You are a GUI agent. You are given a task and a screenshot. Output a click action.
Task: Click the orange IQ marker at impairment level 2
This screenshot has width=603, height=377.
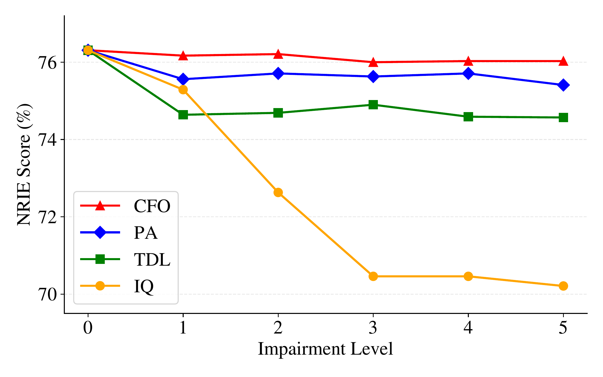point(278,193)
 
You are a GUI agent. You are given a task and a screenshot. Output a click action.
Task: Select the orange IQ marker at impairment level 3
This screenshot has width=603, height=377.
point(373,276)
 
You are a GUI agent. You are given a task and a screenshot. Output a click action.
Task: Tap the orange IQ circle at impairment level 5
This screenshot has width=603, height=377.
point(563,286)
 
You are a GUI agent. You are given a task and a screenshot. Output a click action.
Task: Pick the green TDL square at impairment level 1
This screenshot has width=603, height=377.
point(183,115)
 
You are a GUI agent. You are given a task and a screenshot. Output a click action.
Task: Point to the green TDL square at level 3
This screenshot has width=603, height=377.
point(373,105)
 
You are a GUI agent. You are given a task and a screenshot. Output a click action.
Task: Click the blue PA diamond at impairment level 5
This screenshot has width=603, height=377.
point(563,85)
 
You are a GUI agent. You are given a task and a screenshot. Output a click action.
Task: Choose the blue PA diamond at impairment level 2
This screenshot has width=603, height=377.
point(278,73)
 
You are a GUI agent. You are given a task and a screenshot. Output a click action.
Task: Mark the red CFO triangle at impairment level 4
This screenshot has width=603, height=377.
point(468,61)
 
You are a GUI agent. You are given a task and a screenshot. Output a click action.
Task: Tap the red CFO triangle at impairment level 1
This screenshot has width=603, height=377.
point(183,56)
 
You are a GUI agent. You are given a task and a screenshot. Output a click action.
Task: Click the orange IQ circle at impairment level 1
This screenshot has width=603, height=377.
point(183,90)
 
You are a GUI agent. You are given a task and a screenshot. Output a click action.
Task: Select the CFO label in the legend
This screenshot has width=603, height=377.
point(152,206)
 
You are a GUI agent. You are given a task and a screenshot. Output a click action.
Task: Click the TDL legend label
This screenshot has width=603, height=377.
point(152,260)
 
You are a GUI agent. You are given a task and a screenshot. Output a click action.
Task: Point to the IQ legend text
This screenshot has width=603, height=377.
point(144,287)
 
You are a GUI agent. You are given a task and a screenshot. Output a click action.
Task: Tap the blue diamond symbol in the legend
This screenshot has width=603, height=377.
point(100,232)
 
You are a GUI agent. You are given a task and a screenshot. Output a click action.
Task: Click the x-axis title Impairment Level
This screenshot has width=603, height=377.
point(325,349)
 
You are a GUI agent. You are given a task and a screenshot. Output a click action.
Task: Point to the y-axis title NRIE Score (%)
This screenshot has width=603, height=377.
point(24,165)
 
